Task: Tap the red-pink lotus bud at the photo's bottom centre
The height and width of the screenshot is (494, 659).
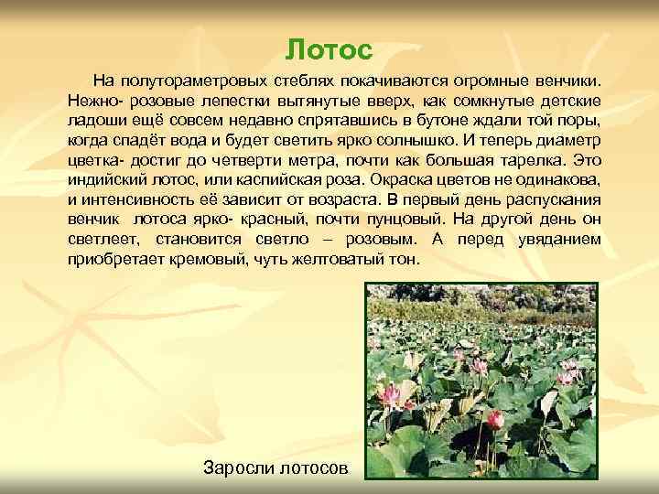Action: pyautogui.click(x=495, y=420)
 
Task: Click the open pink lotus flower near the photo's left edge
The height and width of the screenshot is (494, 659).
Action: pyautogui.click(x=391, y=396)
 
